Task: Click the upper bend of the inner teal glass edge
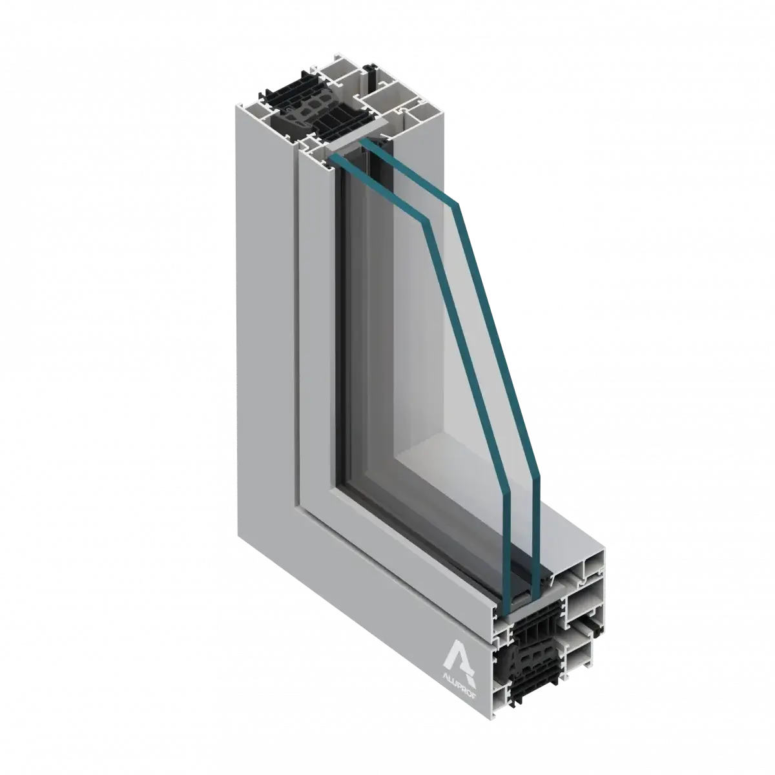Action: coord(426,222)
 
